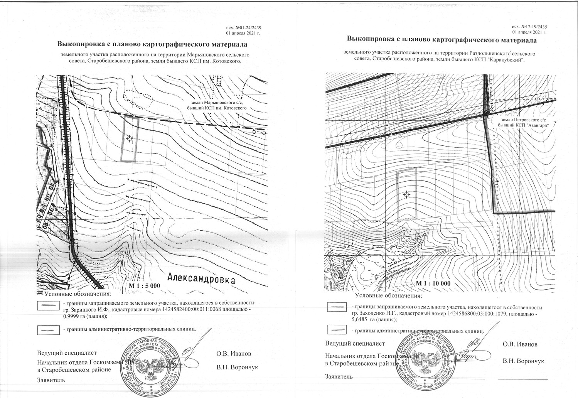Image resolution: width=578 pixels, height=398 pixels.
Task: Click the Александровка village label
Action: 201,279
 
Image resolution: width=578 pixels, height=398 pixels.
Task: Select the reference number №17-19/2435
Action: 534,27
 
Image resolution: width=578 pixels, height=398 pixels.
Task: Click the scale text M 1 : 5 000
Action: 144,286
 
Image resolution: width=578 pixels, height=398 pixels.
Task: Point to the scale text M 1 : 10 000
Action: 433,283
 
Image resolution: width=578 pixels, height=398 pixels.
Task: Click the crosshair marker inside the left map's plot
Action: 130,138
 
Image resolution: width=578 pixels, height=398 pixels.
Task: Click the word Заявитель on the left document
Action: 51,379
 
